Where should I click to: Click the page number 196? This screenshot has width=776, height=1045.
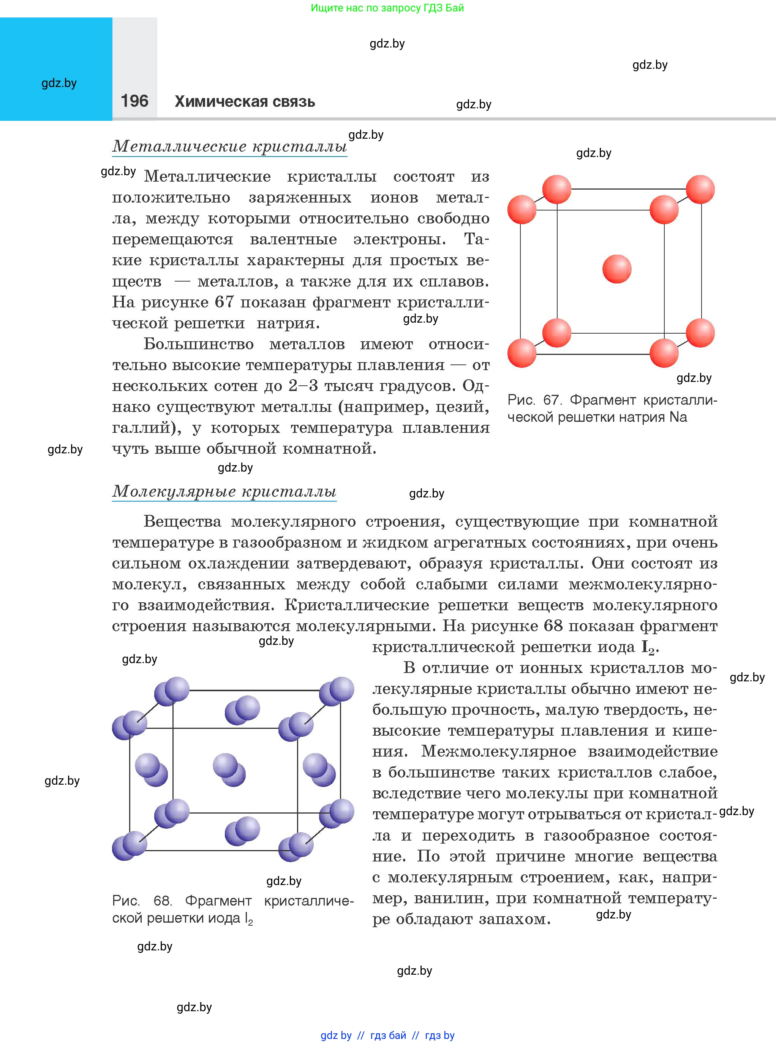(134, 101)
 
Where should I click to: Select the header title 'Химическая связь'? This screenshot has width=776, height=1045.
(245, 101)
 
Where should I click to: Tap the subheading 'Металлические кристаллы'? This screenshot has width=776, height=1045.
(230, 146)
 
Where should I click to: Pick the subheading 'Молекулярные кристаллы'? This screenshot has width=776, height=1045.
(224, 491)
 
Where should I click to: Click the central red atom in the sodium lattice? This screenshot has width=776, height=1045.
(617, 269)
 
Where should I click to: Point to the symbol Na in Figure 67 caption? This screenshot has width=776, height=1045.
(678, 417)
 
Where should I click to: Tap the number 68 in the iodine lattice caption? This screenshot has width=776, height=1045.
(162, 900)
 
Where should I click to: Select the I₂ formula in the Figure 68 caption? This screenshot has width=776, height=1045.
(248, 918)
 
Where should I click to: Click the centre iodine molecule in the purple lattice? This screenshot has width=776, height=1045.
(229, 769)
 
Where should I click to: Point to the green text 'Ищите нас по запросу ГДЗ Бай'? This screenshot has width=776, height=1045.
(387, 8)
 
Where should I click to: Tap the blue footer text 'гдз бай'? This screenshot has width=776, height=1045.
(388, 1035)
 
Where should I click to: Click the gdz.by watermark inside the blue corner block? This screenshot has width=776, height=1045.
(59, 83)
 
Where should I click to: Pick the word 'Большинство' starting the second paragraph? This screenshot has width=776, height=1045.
(199, 344)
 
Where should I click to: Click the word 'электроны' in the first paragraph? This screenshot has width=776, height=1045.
(399, 239)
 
